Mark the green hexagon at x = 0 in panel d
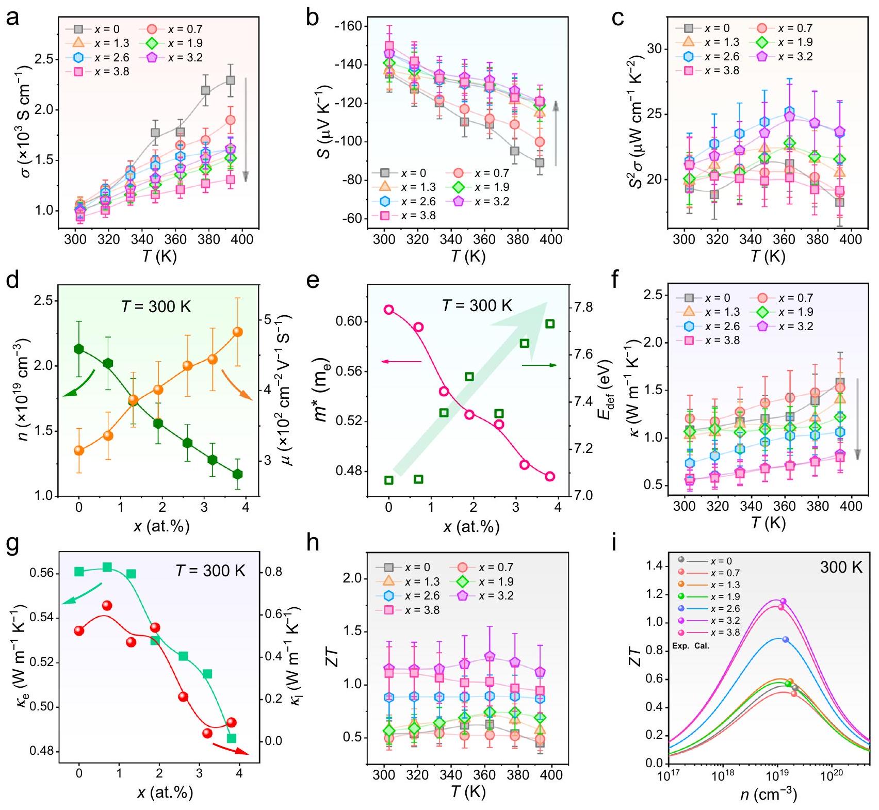tap(79, 349)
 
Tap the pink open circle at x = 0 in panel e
tap(389, 310)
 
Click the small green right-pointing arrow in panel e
tap(539, 365)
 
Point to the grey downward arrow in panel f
tap(857, 418)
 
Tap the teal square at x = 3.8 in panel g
tap(232, 738)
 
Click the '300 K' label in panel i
tap(841, 568)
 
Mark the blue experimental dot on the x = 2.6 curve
tap(786, 639)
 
